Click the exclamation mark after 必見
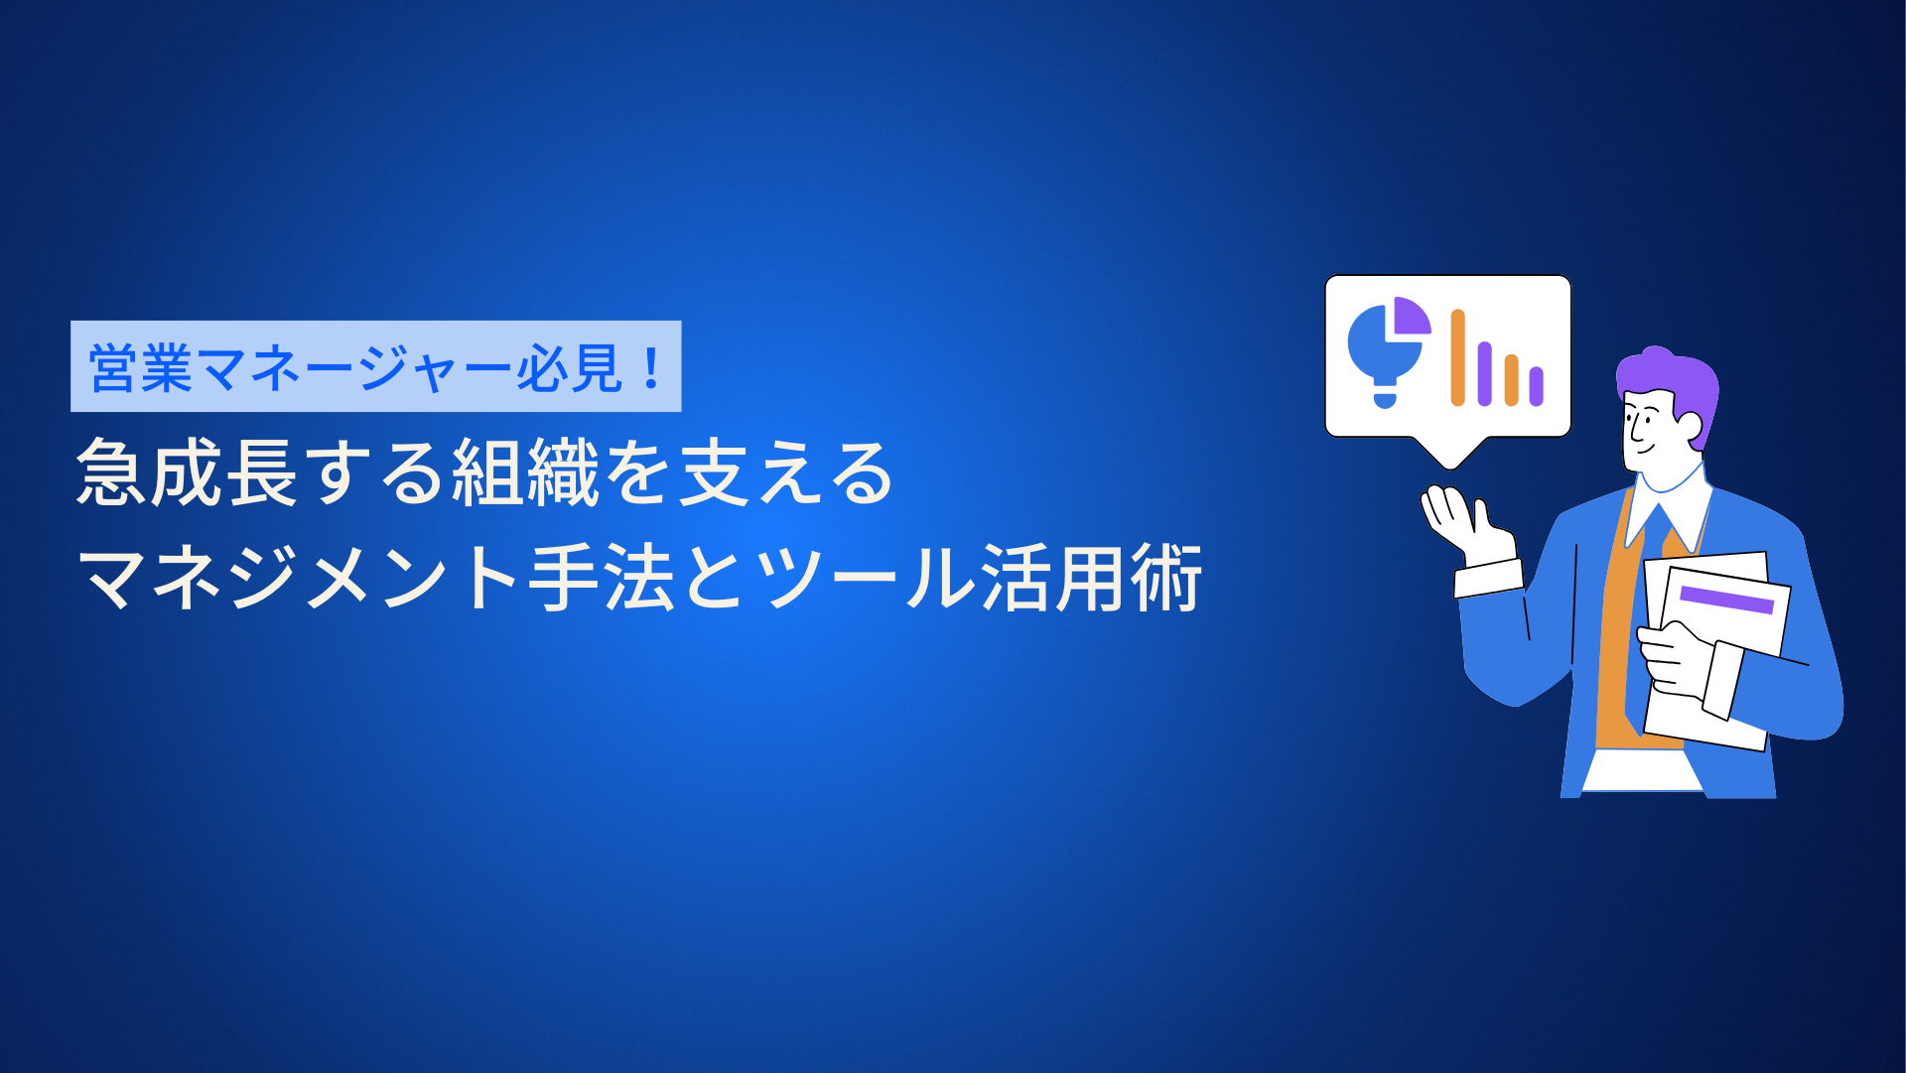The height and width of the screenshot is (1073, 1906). point(651,367)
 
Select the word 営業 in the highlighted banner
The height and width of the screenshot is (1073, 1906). point(141,368)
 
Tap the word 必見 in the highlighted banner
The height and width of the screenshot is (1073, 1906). point(569,368)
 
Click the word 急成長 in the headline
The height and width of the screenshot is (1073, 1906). point(188,472)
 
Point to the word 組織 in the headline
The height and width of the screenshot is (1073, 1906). point(526,472)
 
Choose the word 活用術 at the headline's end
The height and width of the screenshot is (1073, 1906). point(1092,578)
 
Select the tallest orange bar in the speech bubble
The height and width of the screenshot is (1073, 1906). point(1457,357)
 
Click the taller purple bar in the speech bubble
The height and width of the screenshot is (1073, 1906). point(1484,374)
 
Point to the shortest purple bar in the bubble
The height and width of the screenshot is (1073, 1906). point(1536,386)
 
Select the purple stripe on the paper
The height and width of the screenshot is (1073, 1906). point(1726,600)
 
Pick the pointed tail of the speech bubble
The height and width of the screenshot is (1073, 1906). point(1449,455)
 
